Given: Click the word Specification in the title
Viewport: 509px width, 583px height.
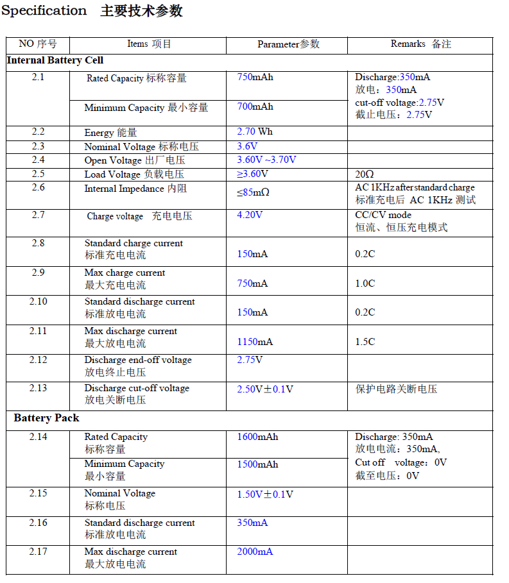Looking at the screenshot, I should click(44, 11).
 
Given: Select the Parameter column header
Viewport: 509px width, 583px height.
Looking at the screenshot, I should click(288, 44).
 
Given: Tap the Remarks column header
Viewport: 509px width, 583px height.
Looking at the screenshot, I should click(420, 44).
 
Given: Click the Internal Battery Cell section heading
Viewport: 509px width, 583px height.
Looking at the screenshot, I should click(55, 61).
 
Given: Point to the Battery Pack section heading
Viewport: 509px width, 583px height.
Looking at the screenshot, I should click(46, 418).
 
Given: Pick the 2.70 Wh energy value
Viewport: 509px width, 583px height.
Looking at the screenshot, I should click(254, 132).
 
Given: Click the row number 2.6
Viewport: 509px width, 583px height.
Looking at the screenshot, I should click(38, 188).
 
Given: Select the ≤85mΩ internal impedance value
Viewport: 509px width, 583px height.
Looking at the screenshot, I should click(253, 192).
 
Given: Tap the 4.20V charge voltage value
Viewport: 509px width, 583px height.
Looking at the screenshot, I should click(250, 215).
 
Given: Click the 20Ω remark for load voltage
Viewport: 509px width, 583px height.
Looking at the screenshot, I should click(364, 174).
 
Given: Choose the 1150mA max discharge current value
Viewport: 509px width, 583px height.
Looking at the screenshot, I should click(255, 342).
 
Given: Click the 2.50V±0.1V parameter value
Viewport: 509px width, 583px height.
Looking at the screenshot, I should click(264, 389).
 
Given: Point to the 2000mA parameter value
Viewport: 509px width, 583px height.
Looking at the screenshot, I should click(254, 552).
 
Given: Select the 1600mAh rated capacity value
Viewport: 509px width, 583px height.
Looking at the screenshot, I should click(257, 437).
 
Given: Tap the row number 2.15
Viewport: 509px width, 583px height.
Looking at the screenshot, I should click(38, 493).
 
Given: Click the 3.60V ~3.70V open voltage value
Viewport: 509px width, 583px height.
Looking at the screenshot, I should click(266, 160).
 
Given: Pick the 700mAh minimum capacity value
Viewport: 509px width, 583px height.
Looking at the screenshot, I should click(255, 107).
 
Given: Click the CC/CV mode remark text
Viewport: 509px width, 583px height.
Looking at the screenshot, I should click(383, 215).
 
